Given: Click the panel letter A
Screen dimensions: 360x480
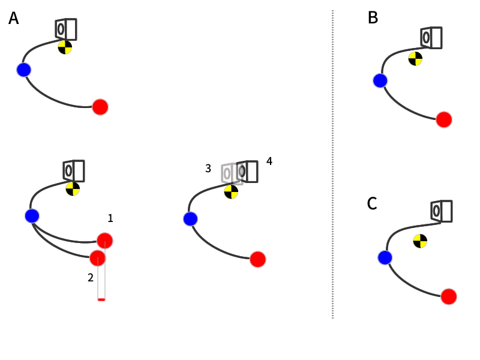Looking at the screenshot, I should tap(13, 19).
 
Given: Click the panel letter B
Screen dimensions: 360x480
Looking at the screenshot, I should tap(373, 18).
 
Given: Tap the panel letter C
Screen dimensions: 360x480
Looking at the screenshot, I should tap(372, 204).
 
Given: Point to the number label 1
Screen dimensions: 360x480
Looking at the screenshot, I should tap(110, 218).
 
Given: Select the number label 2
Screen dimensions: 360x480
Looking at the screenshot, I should tap(91, 277).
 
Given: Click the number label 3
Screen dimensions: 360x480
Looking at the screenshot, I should tap(208, 169).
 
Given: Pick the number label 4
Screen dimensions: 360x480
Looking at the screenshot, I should tap(269, 161).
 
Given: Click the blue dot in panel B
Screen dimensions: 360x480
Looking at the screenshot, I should tap(380, 80).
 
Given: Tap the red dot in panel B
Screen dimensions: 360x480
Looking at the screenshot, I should tap(443, 119).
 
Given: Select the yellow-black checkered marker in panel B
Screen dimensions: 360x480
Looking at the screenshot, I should tap(415, 58).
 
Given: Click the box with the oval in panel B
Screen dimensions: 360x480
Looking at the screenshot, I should tap(431, 38).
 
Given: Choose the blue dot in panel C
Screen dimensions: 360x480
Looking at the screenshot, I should tap(385, 257).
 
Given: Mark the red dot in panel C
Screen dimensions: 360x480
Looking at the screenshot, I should tap(449, 296).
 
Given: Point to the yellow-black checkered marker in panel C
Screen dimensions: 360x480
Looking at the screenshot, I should tap(420, 241).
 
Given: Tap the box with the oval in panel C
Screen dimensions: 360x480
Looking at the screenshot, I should tap(441, 211).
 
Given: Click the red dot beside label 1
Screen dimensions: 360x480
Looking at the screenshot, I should tap(105, 240).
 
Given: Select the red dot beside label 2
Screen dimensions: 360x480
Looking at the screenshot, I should tap(97, 258).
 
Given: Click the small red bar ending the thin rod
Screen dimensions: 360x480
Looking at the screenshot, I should tap(101, 299).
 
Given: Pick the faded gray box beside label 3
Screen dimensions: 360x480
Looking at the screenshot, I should tap(227, 173).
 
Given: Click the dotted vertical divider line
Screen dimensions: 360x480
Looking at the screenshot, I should tap(332, 162).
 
